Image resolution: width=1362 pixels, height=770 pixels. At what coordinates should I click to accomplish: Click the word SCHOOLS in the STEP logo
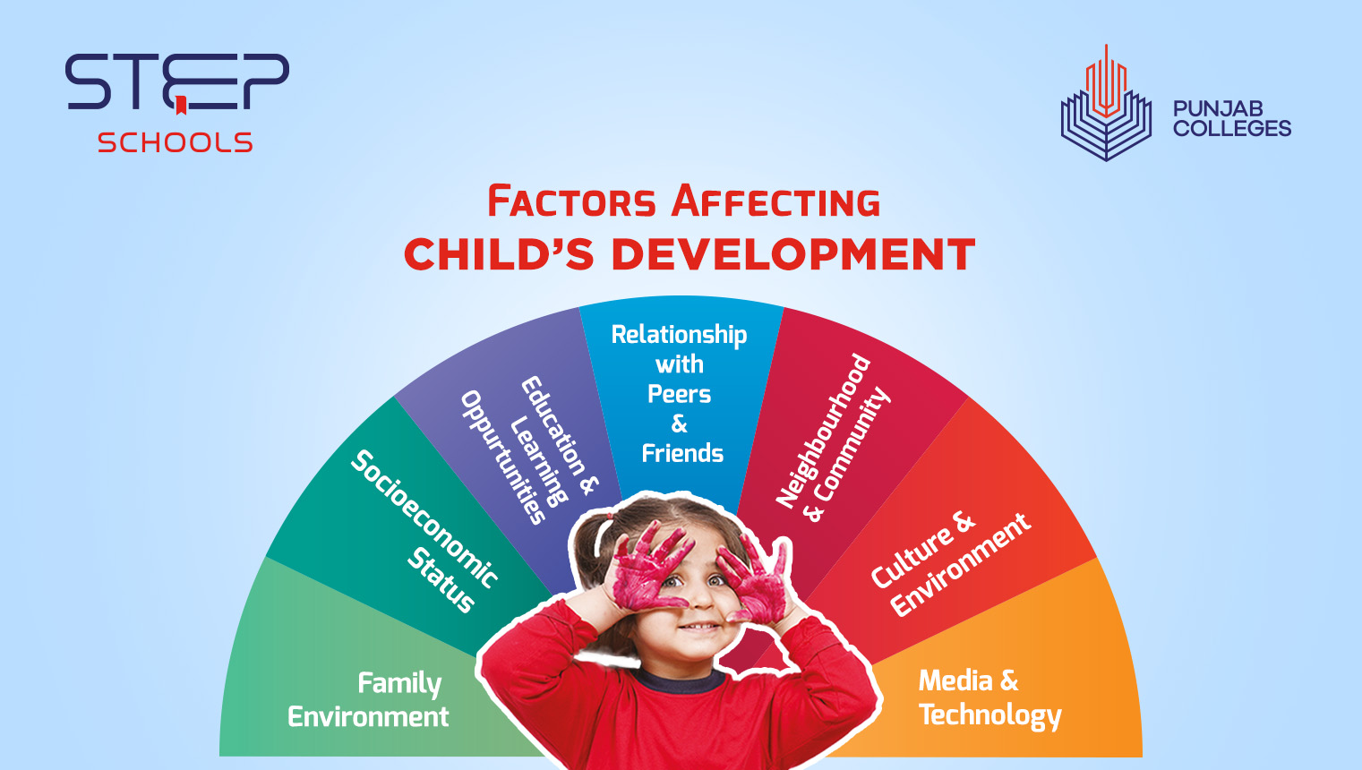click(175, 142)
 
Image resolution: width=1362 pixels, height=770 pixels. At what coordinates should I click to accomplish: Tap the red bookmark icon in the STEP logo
click(181, 106)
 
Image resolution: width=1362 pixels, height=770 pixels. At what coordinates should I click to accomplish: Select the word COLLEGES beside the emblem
click(1232, 129)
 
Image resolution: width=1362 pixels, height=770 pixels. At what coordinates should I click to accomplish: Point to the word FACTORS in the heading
click(571, 201)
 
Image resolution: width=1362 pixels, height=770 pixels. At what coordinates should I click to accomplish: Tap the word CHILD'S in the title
click(499, 254)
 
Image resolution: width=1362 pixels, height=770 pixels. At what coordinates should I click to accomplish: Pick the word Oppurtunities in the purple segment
click(502, 458)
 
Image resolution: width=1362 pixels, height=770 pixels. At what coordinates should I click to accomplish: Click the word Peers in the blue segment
click(680, 394)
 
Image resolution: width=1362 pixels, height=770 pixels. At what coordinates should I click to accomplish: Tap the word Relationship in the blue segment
click(679, 335)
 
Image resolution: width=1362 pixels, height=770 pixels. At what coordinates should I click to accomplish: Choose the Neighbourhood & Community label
click(832, 439)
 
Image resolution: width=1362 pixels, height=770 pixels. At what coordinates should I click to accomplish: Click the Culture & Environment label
click(950, 564)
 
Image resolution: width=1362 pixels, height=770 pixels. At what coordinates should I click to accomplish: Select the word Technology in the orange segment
click(989, 715)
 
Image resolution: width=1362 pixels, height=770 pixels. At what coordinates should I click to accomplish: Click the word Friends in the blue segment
click(682, 453)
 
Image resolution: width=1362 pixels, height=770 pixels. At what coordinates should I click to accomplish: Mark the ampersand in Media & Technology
click(1009, 680)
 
